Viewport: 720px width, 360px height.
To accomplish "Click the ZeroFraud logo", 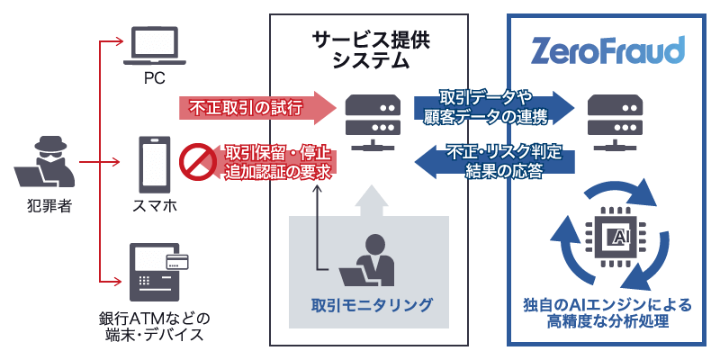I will [x=608, y=49].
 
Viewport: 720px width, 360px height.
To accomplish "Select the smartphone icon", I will [x=154, y=163].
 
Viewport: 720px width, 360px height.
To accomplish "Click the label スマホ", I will [x=154, y=206].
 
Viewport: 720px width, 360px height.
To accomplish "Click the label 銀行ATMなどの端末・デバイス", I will [x=154, y=328].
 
